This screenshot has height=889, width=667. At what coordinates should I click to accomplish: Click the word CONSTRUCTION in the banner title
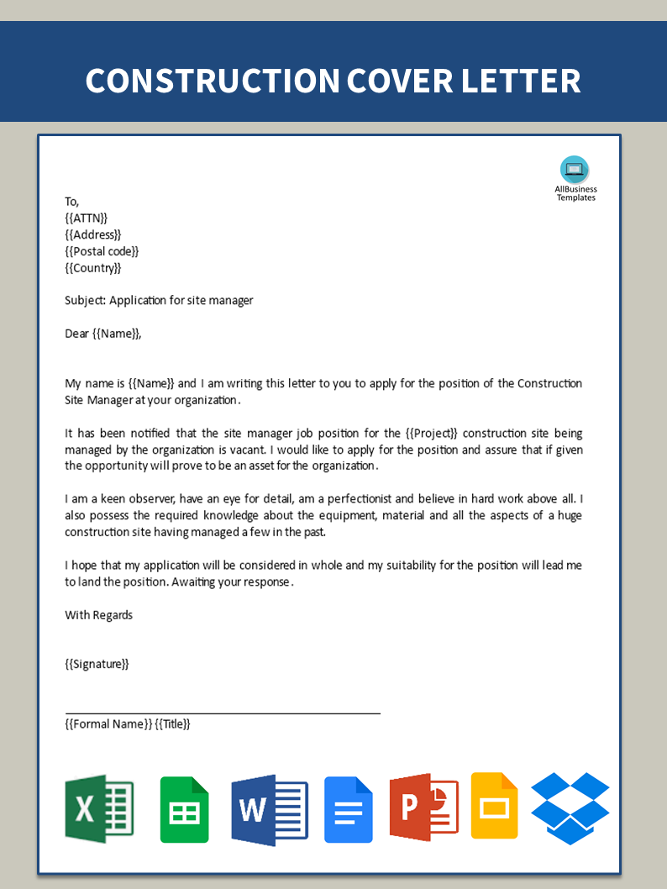pyautogui.click(x=210, y=81)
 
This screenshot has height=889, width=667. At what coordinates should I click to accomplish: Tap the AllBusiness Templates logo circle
pyautogui.click(x=575, y=170)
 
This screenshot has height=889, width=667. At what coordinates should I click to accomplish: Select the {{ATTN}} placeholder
pyautogui.click(x=87, y=218)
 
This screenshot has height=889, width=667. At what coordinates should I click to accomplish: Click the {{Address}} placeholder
pyautogui.click(x=93, y=235)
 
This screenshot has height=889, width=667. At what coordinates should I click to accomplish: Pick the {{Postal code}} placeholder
pyautogui.click(x=102, y=251)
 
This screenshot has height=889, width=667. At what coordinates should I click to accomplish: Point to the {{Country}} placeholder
pyautogui.click(x=93, y=268)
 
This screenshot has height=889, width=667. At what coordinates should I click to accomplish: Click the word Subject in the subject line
pyautogui.click(x=84, y=301)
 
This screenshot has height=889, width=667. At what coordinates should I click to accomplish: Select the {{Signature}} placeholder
pyautogui.click(x=97, y=664)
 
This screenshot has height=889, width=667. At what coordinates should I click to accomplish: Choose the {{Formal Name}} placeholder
pyautogui.click(x=108, y=724)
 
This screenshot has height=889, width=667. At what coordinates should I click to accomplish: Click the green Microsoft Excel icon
pyautogui.click(x=99, y=808)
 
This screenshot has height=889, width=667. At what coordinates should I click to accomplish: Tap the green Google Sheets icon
pyautogui.click(x=185, y=809)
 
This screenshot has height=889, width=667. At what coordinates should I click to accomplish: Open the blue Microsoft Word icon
pyautogui.click(x=270, y=809)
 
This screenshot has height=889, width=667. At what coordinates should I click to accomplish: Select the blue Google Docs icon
pyautogui.click(x=349, y=809)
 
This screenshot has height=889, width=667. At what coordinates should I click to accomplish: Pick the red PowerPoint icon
pyautogui.click(x=423, y=808)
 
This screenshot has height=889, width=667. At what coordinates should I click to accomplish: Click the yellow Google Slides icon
pyautogui.click(x=494, y=806)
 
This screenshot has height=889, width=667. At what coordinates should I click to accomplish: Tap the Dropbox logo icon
pyautogui.click(x=570, y=808)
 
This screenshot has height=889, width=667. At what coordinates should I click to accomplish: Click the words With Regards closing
pyautogui.click(x=99, y=615)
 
